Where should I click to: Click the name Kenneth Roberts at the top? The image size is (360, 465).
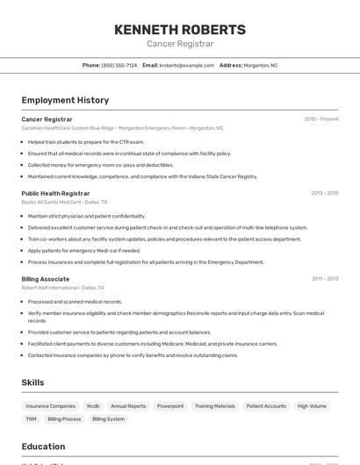click(x=179, y=30)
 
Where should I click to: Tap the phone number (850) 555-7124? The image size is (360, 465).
click(x=119, y=65)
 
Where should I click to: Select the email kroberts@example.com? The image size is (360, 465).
click(x=186, y=65)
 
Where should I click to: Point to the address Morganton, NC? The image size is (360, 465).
click(x=261, y=65)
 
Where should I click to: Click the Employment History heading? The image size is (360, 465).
click(x=65, y=100)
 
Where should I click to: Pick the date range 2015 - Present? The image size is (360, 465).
click(x=320, y=119)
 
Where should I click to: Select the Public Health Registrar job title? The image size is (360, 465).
click(x=55, y=193)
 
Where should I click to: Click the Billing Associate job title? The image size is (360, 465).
click(x=46, y=279)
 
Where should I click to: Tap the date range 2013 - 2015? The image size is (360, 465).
click(x=324, y=193)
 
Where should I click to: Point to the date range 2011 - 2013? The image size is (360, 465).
click(x=324, y=279)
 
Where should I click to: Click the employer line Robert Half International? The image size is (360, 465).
click(x=50, y=288)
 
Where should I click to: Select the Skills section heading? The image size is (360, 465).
click(x=32, y=383)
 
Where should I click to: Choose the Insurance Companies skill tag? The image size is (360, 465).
click(x=51, y=406)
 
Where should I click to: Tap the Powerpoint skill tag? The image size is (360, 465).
click(x=170, y=406)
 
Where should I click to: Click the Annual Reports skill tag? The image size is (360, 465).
click(x=128, y=406)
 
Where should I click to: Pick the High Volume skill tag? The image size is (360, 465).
click(x=312, y=406)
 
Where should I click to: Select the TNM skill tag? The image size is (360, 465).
click(x=31, y=419)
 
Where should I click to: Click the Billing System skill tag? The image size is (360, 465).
click(x=109, y=419)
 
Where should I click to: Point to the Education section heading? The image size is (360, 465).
click(x=43, y=447)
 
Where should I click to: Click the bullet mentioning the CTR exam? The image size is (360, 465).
click(x=85, y=141)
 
